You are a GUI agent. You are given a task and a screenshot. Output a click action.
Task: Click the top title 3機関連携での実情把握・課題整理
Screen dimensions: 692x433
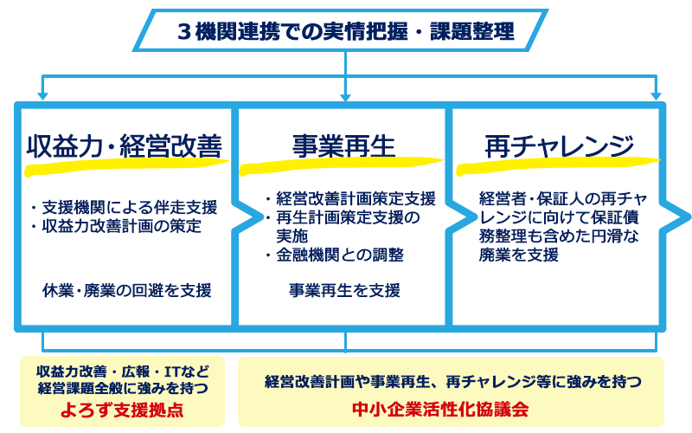[346, 31]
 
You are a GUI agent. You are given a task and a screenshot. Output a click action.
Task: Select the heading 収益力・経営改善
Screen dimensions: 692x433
[125, 146]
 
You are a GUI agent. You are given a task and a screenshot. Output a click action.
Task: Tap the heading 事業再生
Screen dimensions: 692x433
[343, 146]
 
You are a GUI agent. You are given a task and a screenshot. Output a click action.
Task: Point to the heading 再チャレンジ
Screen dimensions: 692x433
[559, 146]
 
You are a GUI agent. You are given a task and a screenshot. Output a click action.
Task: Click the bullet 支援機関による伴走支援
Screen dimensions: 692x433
[125, 207]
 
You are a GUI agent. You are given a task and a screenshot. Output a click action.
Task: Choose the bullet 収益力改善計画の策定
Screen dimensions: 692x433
[117, 226]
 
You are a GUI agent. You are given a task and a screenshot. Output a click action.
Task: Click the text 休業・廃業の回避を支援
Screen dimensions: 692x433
[127, 290]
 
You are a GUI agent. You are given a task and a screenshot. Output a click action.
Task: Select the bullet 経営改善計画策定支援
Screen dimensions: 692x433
[351, 198]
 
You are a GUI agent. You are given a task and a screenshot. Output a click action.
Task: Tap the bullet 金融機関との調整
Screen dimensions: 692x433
[335, 255]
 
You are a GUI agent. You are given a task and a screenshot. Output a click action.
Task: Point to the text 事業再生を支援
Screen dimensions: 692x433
[344, 290]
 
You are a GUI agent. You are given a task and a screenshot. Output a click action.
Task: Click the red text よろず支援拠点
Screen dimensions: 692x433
[122, 410]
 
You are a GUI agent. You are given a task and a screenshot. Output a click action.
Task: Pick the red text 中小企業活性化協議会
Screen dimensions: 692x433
[440, 409]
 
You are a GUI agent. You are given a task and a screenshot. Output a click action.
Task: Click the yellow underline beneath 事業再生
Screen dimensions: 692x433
[341, 165]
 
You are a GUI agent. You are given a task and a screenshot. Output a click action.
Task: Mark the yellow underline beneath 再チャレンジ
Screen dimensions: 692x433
[558, 165]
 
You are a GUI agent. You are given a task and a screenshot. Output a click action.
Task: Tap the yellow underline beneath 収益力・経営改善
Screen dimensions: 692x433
[126, 166]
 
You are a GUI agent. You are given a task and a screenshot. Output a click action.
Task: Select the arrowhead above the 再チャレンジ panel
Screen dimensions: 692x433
[657, 96]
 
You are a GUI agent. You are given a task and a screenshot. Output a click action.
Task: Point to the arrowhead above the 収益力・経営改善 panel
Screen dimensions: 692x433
[42, 96]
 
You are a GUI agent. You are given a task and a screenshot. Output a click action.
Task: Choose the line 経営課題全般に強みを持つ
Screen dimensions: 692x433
[123, 388]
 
